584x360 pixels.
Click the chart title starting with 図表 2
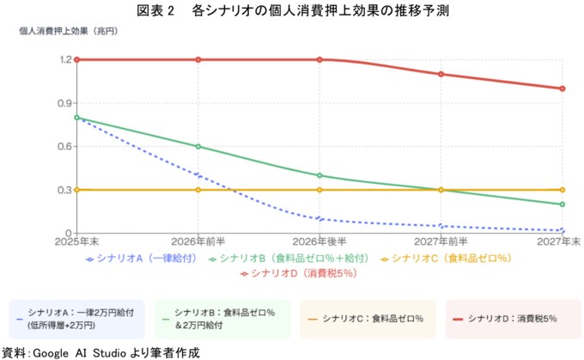(292, 11)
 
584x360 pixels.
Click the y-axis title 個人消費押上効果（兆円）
(69, 31)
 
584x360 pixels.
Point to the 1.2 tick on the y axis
(66, 59)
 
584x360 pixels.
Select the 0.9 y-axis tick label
(66, 103)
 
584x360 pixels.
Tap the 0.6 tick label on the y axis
(66, 146)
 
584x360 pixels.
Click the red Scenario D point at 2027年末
(562, 88)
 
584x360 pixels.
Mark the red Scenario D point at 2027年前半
(441, 74)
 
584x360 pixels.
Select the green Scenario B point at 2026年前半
(198, 146)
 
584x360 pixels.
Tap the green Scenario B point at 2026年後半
(319, 175)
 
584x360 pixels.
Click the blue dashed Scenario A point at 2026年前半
(198, 175)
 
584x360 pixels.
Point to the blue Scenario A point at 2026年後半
(319, 218)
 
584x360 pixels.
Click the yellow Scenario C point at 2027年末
(562, 190)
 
